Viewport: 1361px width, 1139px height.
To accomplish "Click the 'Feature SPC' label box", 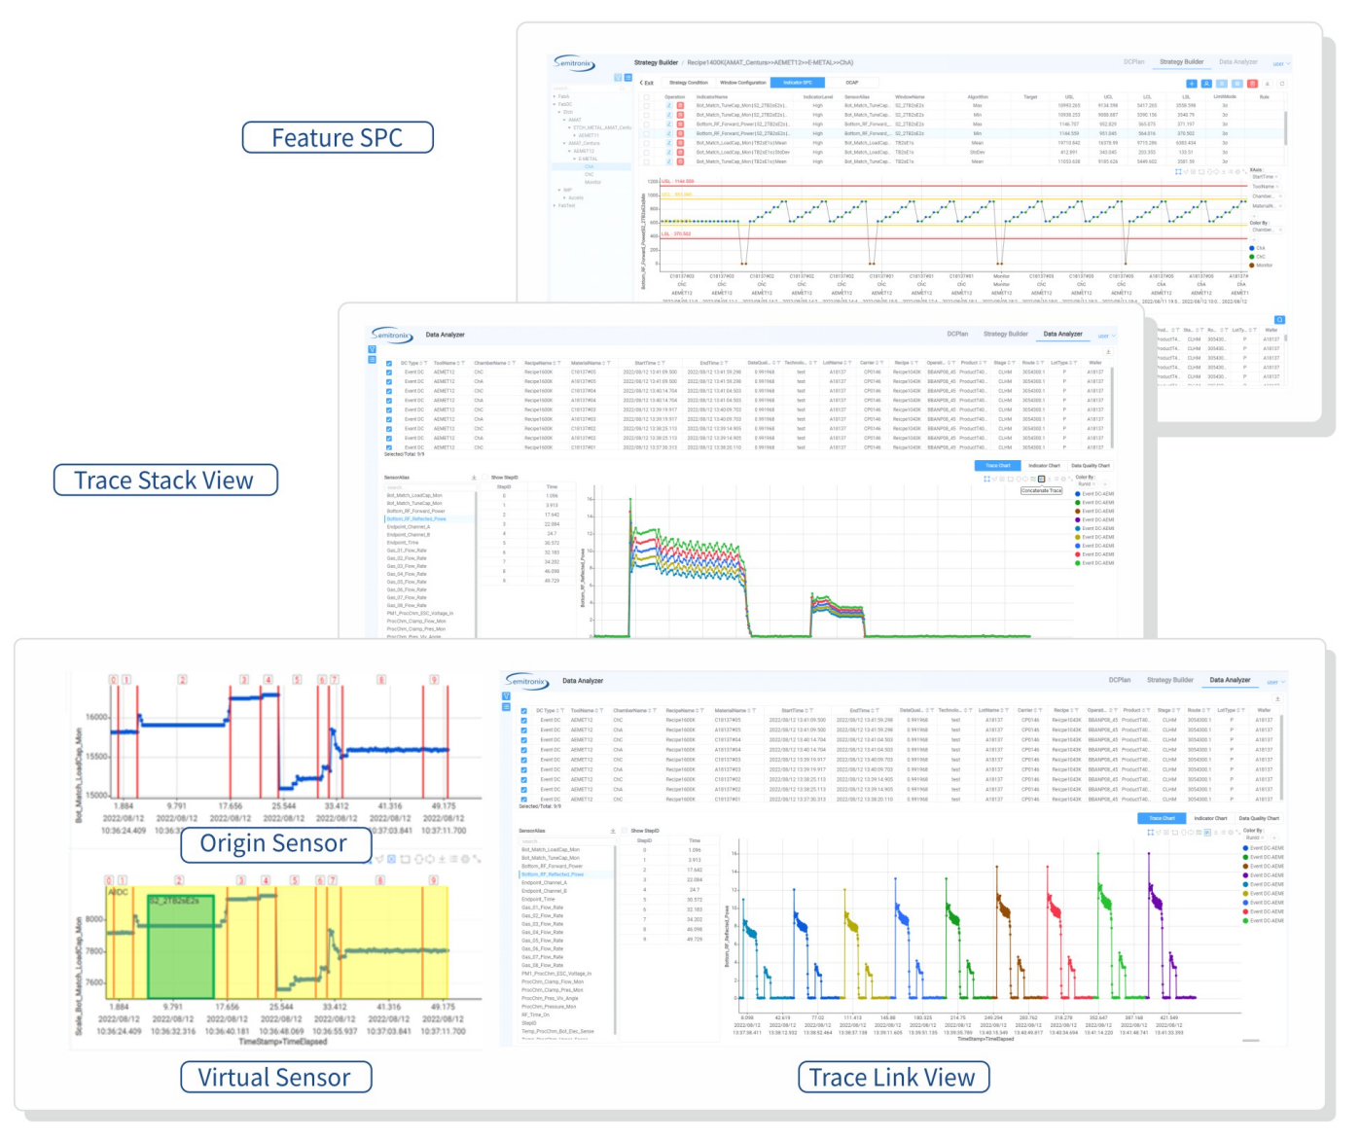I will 337,138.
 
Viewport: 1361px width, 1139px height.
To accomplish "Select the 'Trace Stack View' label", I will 164,481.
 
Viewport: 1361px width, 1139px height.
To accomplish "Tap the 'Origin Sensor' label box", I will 274,843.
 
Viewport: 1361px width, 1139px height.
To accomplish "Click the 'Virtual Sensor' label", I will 275,1077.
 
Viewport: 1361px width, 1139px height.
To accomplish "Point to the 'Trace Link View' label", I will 892,1077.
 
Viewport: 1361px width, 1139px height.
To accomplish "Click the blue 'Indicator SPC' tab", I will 798,83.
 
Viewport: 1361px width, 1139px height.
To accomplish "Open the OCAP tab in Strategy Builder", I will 852,83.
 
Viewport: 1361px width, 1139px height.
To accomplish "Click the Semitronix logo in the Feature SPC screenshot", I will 574,63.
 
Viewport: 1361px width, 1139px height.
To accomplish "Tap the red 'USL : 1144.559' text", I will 678,181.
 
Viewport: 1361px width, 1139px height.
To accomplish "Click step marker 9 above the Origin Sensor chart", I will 434,680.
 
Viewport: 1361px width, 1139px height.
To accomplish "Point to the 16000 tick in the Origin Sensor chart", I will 97,717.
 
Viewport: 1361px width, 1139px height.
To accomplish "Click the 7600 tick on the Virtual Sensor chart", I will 94,982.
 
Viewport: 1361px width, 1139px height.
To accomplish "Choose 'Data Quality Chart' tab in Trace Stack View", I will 1090,466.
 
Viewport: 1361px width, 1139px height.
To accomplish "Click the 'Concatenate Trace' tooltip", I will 1041,490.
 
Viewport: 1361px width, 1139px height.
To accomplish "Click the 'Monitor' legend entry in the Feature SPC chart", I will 1264,266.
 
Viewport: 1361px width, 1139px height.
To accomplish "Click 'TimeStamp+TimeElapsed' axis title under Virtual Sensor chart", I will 283,1042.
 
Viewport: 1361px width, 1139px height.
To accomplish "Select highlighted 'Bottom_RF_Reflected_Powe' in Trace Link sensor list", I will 553,874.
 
